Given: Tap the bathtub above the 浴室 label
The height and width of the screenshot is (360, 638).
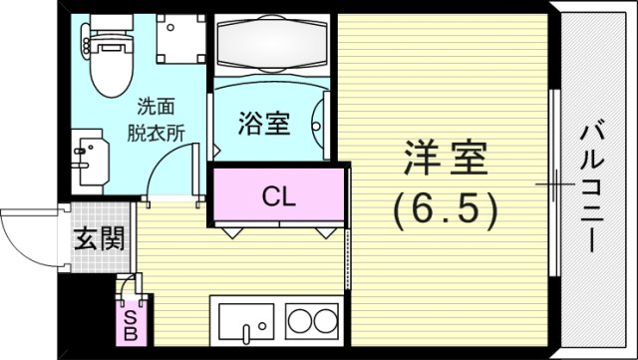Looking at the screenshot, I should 271,47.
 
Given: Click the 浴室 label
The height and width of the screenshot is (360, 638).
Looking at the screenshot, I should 264,125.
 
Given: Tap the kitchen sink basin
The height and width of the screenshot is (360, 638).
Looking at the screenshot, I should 242,325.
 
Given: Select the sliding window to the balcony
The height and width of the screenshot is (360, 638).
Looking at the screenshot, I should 551,184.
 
